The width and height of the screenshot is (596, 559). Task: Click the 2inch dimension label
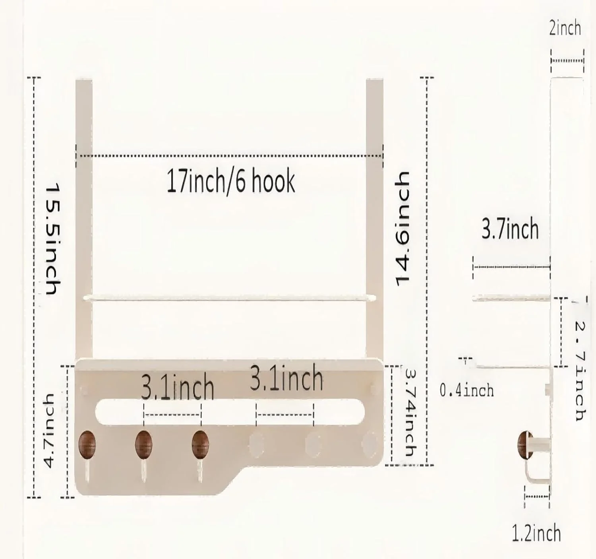point(565,29)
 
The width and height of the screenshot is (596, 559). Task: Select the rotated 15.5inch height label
point(53,239)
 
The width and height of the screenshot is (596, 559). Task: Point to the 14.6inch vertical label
point(402,229)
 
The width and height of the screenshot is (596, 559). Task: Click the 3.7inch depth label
point(510,229)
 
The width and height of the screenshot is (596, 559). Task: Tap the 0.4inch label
point(466,390)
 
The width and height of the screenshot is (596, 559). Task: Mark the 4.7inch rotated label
point(49,431)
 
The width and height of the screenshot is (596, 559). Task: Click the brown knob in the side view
point(525,445)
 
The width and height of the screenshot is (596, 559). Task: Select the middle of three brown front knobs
point(143,445)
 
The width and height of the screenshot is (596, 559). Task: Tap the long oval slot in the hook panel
point(230,411)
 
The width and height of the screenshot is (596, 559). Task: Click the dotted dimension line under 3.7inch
point(511,267)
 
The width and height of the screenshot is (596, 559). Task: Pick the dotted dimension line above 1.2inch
point(537,496)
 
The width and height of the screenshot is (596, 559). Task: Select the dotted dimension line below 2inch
point(567,61)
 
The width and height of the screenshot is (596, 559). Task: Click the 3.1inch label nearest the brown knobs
point(177,388)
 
